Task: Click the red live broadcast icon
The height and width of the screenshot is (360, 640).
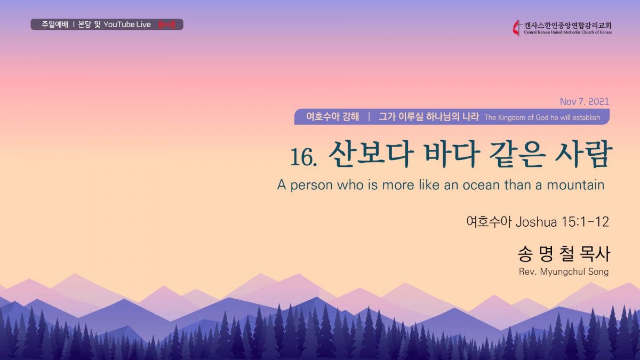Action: pyautogui.click(x=167, y=25)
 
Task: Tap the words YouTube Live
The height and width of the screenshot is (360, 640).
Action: pyautogui.click(x=127, y=25)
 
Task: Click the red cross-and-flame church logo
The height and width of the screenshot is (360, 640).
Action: pyautogui.click(x=517, y=28)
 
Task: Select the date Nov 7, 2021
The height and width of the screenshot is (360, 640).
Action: pyautogui.click(x=585, y=101)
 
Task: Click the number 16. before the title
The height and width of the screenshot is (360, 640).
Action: pyautogui.click(x=303, y=157)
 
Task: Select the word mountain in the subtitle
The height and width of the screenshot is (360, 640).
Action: pyautogui.click(x=575, y=185)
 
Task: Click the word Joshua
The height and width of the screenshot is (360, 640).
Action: pyautogui.click(x=536, y=222)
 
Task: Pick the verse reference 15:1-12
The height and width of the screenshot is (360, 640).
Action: pyautogui.click(x=585, y=222)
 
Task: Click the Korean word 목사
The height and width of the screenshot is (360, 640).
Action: pyautogui.click(x=595, y=254)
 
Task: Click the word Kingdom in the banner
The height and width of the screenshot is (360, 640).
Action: pyautogui.click(x=515, y=117)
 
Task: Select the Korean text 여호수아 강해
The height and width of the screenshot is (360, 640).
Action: pyautogui.click(x=332, y=117)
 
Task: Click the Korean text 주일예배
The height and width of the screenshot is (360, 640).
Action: pyautogui.click(x=55, y=25)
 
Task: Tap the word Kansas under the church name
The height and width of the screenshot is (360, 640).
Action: pyautogui.click(x=606, y=33)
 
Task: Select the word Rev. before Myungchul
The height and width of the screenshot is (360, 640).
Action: pyautogui.click(x=527, y=271)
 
